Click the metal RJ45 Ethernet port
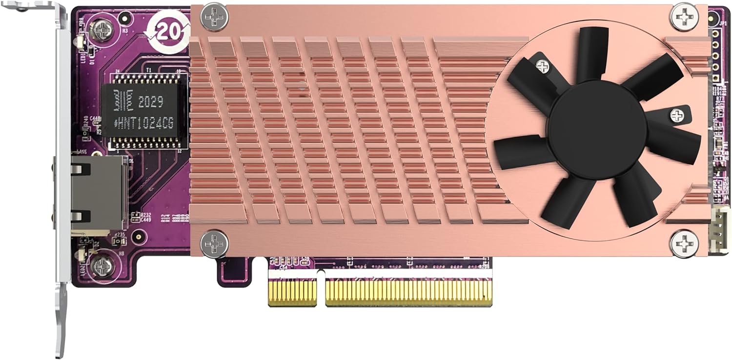click(98, 195)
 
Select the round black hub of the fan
click(597, 128)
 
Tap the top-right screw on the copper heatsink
click(684, 16)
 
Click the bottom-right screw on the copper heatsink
click(684, 242)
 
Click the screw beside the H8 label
click(103, 266)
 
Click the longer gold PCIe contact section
click(409, 292)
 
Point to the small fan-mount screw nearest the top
click(543, 67)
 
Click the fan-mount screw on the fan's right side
click(677, 115)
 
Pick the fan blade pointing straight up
click(593, 54)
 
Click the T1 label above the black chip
click(149, 71)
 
